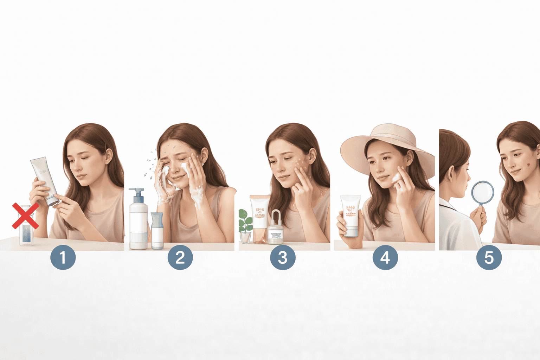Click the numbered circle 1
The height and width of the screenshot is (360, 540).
(63, 257)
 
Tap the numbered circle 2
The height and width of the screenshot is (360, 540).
(180, 257)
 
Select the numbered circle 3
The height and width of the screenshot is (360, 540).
(283, 257)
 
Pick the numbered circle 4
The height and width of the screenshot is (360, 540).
(385, 257)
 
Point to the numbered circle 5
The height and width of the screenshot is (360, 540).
(489, 257)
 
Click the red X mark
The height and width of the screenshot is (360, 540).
(25, 216)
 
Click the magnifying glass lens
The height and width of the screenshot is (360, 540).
(482, 192)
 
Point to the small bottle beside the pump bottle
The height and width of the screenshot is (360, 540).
(157, 230)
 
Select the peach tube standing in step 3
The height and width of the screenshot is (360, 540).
(259, 218)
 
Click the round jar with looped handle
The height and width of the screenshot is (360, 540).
(276, 230)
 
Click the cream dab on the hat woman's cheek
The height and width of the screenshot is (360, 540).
(396, 178)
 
